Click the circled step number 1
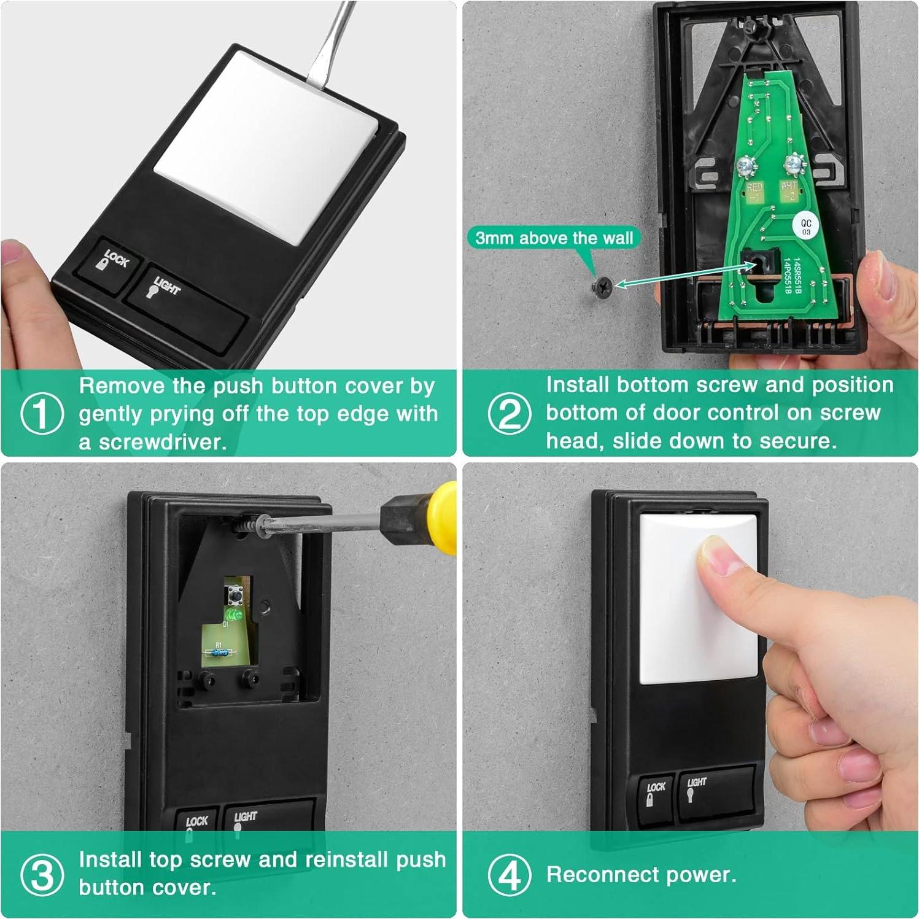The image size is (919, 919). point(42,413)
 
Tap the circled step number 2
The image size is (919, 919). point(510,413)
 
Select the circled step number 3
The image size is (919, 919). point(42,875)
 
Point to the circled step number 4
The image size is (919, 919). point(510,875)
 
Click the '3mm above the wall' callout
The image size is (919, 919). point(554,238)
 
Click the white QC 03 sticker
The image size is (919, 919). point(805,227)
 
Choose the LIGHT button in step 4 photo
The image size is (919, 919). point(715,791)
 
